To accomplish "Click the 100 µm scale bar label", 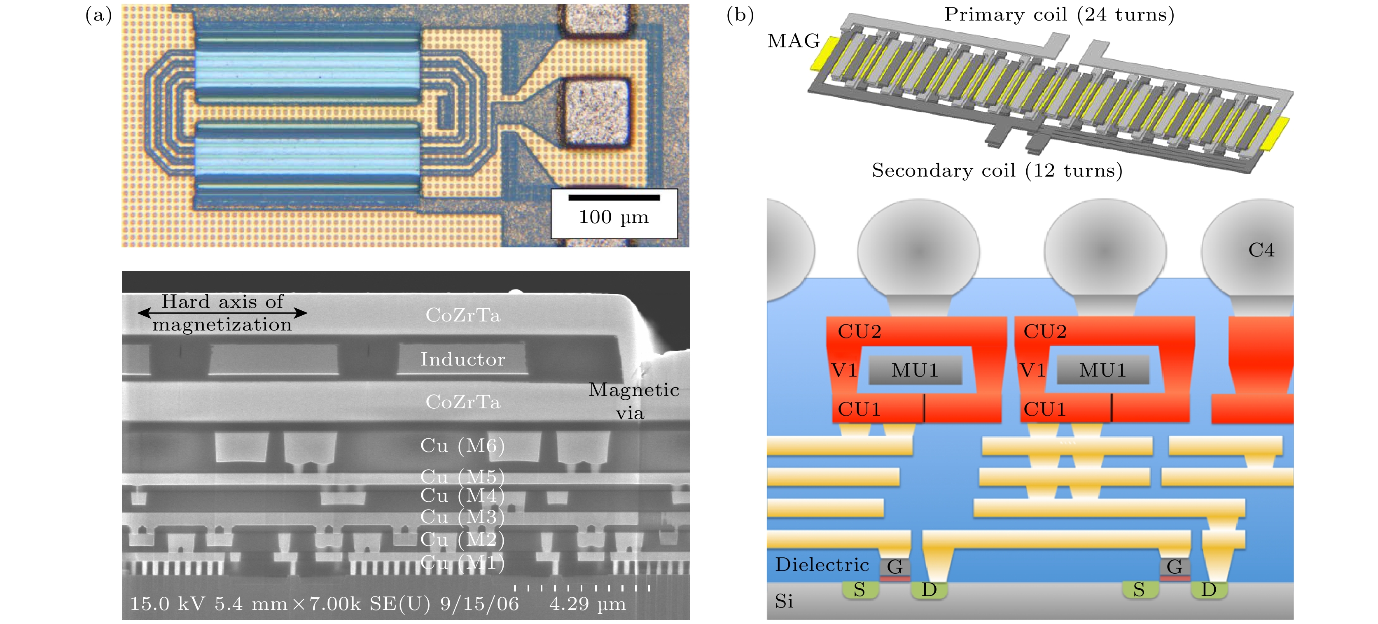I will [614, 217].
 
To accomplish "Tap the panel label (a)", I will [98, 15].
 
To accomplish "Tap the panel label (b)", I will [740, 15].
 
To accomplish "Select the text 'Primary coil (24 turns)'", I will [1059, 14].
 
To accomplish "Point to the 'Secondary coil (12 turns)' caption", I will [997, 170].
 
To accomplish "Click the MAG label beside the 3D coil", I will [793, 41].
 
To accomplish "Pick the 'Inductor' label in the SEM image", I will [462, 359].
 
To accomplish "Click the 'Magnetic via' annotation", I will [633, 401].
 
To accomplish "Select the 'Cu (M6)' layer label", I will [462, 445].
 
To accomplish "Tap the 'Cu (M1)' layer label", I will [462, 563].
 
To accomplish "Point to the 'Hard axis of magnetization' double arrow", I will [222, 313].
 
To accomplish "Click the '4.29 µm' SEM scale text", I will [587, 604].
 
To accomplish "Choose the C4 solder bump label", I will [1261, 250].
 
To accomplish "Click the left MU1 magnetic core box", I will [915, 370].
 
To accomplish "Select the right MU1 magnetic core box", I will [1102, 370].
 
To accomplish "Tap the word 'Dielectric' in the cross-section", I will [822, 565].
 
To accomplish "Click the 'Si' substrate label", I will [784, 601].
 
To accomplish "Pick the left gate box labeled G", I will [895, 567].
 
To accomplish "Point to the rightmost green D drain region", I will [1209, 590].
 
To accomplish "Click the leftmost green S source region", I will [859, 590].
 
